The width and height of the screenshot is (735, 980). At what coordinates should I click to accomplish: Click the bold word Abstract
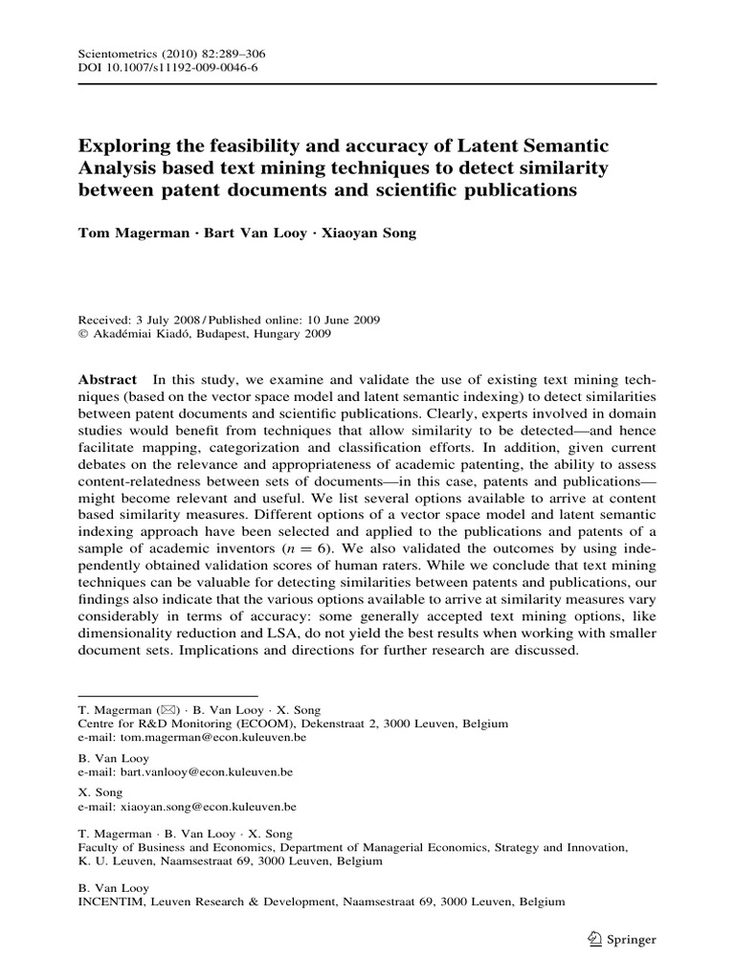(106, 380)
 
